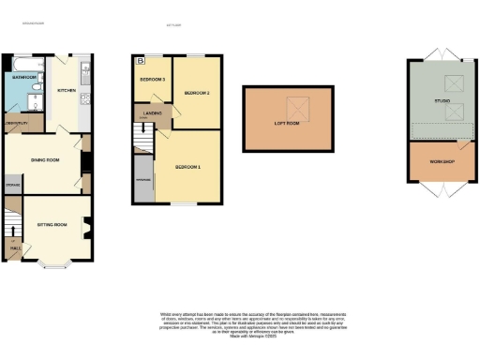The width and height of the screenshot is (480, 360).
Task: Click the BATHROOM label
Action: tap(24, 77)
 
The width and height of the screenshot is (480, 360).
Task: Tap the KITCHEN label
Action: tap(67, 91)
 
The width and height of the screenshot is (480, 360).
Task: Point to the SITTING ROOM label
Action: tap(52, 225)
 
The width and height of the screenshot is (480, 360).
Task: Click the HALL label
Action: tap(15, 248)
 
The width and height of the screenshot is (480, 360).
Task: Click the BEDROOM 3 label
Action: tap(152, 81)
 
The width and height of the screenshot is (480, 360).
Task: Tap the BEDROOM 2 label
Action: tap(196, 94)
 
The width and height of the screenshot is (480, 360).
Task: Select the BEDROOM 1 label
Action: tap(188, 167)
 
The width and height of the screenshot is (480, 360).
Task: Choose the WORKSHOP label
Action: tap(442, 162)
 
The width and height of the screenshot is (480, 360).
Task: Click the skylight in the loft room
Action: tap(299, 103)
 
